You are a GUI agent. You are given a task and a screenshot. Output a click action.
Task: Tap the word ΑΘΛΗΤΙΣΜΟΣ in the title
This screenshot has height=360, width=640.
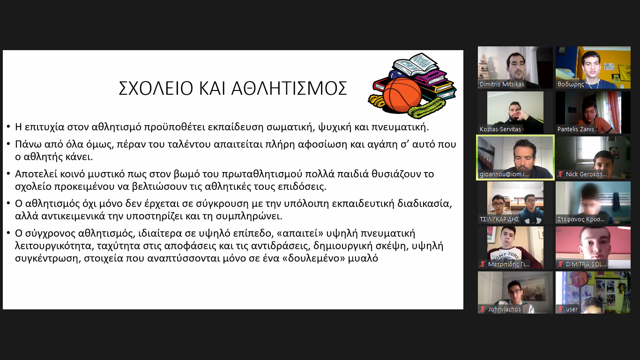[289, 88]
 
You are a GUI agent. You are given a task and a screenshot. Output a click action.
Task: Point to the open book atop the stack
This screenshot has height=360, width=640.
[415, 64]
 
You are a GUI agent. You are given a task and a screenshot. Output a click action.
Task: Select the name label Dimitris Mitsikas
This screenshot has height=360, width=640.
[502, 84]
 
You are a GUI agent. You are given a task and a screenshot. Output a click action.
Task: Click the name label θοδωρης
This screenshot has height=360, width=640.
[571, 84]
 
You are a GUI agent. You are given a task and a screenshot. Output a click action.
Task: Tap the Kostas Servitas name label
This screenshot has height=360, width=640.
[500, 129]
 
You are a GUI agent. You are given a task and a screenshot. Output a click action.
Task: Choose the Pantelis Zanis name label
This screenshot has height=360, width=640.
[575, 129]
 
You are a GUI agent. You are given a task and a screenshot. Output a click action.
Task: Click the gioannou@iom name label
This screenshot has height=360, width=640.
[504, 174]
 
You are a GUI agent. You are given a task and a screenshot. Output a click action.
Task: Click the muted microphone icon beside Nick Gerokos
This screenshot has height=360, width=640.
[560, 174]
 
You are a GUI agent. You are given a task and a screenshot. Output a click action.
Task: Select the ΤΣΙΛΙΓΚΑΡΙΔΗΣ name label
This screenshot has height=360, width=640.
[499, 219]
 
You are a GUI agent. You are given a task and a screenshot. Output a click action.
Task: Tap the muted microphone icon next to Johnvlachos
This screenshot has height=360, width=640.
[483, 309]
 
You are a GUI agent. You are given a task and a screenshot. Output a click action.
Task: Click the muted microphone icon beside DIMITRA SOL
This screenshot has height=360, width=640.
[560, 264]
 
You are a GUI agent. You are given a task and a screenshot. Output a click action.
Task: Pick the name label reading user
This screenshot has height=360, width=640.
[572, 309]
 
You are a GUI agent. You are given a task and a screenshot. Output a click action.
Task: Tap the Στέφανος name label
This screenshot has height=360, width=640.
[581, 219]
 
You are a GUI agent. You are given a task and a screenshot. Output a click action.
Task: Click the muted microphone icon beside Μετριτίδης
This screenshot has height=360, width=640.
[483, 264]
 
